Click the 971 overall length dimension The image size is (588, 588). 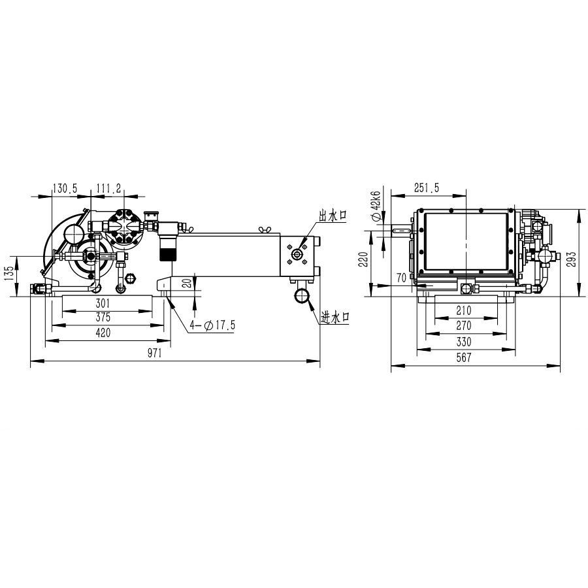click(x=154, y=353)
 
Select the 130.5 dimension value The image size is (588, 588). click(x=65, y=188)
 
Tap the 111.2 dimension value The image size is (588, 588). click(x=108, y=188)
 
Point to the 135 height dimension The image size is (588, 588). click(x=10, y=273)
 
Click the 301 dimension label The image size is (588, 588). click(x=103, y=303)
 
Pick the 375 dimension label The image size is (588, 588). click(x=103, y=318)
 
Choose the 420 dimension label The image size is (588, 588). click(x=103, y=333)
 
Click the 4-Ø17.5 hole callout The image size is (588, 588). click(x=212, y=325)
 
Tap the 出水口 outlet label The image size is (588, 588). click(x=333, y=216)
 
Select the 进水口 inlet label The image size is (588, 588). click(x=335, y=318)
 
